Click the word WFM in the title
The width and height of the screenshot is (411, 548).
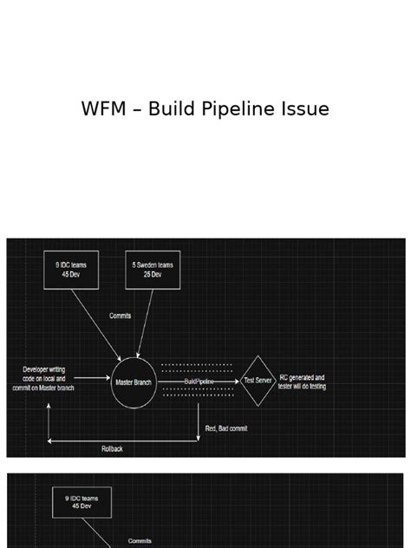[x=101, y=109]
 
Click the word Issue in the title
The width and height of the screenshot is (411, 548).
[x=309, y=109]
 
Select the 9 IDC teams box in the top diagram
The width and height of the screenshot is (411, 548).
[x=71, y=269]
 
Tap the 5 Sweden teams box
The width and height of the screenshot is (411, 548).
[x=153, y=269]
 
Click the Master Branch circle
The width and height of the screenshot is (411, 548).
[x=133, y=381]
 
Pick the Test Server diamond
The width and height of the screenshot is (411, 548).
[x=258, y=381]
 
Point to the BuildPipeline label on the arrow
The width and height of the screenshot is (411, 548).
[x=199, y=381]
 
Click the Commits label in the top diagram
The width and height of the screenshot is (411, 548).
[x=121, y=316]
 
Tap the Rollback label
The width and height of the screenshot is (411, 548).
[x=112, y=448]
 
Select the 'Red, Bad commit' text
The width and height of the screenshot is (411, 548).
[x=227, y=428]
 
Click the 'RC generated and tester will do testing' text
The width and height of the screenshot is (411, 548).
[x=302, y=382]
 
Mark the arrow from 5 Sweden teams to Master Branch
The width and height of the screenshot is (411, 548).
[x=145, y=322]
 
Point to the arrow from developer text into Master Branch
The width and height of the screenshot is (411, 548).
[x=92, y=378]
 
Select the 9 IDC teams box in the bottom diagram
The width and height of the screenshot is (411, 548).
[x=82, y=502]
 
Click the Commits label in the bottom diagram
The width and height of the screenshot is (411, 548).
[x=140, y=541]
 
